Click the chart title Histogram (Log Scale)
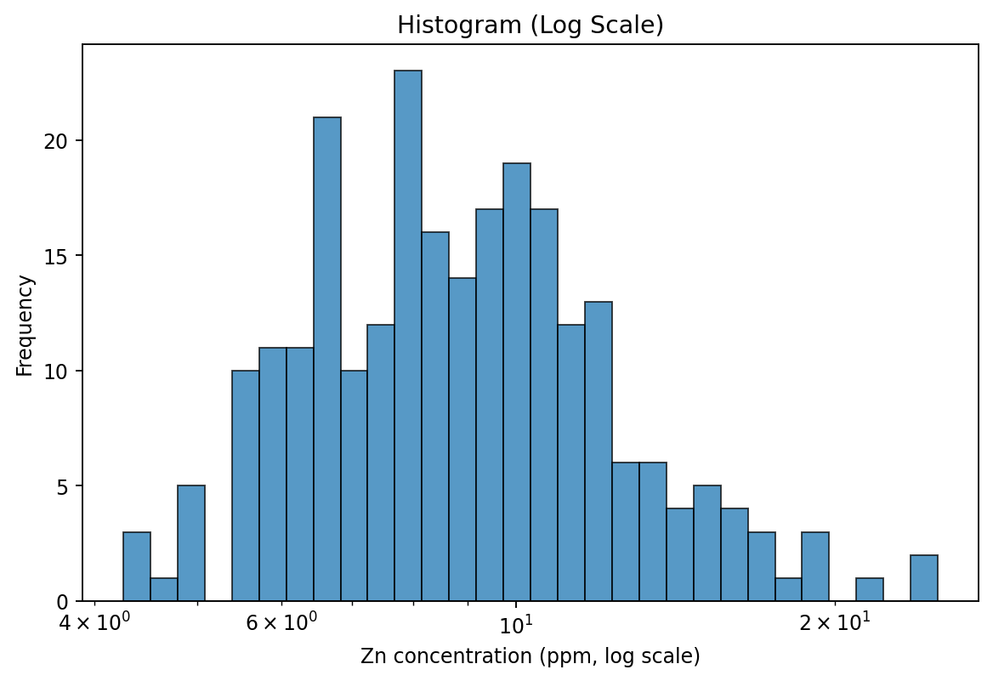click(x=530, y=26)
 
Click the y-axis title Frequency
click(x=26, y=325)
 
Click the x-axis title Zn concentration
click(x=530, y=656)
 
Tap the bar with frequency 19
click(x=517, y=382)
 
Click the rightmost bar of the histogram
click(x=924, y=578)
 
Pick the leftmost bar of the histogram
click(x=137, y=567)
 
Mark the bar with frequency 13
click(x=599, y=451)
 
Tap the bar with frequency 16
click(x=435, y=417)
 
